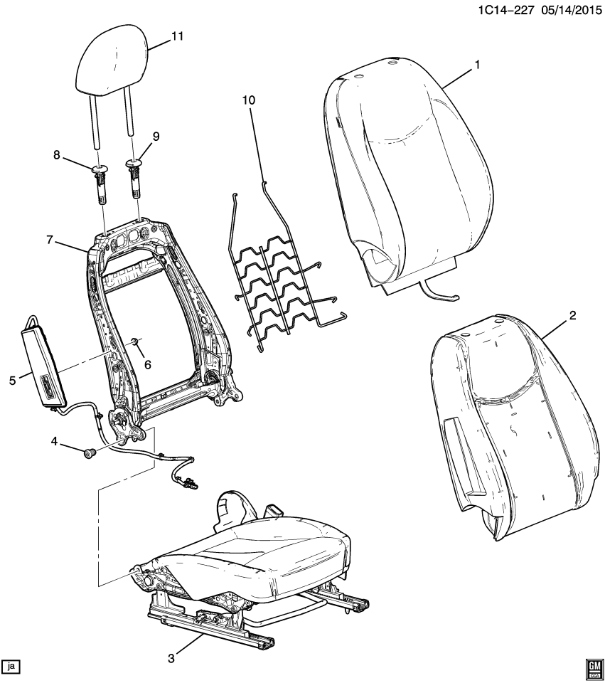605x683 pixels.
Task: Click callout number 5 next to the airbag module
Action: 12,381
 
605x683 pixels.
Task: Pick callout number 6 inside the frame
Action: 149,365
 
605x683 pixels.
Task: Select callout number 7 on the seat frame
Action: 50,240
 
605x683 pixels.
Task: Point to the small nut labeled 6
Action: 134,344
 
